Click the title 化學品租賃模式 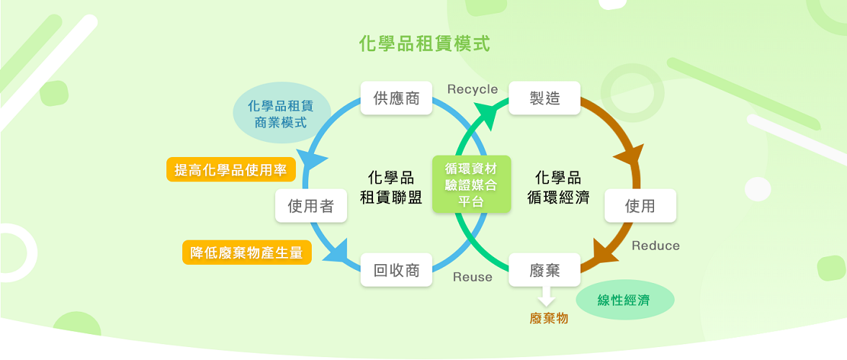tap(423, 44)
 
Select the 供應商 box tap(396, 98)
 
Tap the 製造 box tap(544, 98)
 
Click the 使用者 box tap(311, 207)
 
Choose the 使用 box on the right tap(640, 206)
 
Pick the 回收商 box tap(396, 270)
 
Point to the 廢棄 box tap(544, 270)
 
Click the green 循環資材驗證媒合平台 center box tap(472, 184)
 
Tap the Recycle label tap(472, 89)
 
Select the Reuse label tap(472, 277)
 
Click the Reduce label tap(655, 246)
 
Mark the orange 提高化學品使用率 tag tap(230, 170)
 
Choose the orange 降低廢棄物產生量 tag tap(246, 252)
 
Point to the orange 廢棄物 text tap(549, 318)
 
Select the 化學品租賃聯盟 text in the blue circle tap(390, 187)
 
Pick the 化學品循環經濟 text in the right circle tap(559, 187)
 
